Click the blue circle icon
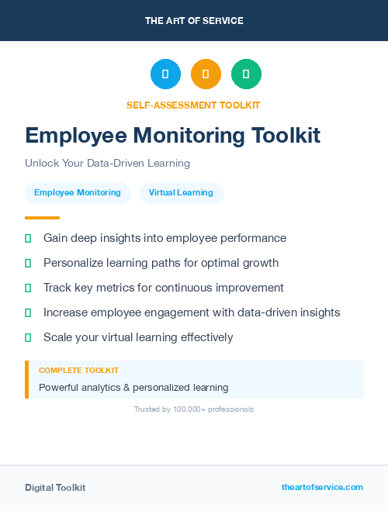coord(165,74)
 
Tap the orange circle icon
coord(206,74)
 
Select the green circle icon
coord(246,74)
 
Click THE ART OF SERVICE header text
coord(194,21)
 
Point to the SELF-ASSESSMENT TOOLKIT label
coord(193,105)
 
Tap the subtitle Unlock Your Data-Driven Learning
coord(107,164)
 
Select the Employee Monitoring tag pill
coord(78,193)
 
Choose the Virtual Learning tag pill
coord(181,193)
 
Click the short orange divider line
coord(42,218)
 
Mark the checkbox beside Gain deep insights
coord(28,238)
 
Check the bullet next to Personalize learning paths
coord(28,263)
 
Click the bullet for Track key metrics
coord(28,288)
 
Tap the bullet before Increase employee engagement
coord(28,312)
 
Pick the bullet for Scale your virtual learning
coord(28,337)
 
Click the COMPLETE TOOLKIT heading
coord(78,371)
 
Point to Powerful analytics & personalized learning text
coord(133,387)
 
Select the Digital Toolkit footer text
coord(55,488)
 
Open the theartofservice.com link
coord(322,487)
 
